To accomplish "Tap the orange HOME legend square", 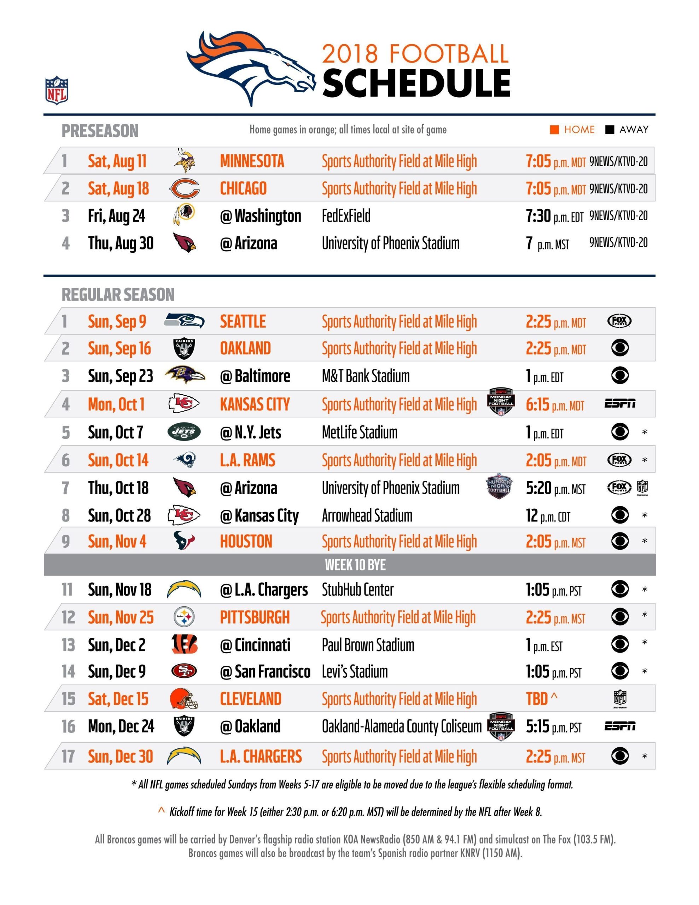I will [x=554, y=130].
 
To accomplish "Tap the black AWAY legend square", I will [x=610, y=130].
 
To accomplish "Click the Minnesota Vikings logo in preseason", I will [x=184, y=161].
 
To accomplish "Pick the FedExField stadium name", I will [x=346, y=216].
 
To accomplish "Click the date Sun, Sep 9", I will [x=117, y=322].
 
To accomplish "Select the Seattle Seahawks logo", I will [x=184, y=321].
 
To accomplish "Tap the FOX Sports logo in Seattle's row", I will [x=619, y=321].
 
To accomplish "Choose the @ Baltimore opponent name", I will [x=255, y=376].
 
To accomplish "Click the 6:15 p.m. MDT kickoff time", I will [x=554, y=404].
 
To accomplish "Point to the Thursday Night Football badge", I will [x=499, y=486].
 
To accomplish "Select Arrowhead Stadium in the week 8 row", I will [x=367, y=516].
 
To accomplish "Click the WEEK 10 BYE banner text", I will [x=355, y=565].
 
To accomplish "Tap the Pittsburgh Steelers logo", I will [x=184, y=617].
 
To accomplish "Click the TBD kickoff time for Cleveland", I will [x=537, y=699].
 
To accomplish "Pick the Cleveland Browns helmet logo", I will [x=184, y=699].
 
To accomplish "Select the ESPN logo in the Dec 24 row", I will [x=619, y=726].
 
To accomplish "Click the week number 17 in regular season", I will [x=68, y=756].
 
